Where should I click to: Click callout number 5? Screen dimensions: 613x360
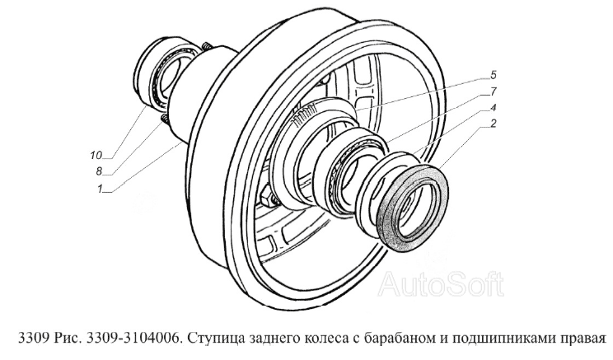coord(493,74)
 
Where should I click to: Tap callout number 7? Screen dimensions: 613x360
coord(493,91)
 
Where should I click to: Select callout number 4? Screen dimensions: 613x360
coord(493,107)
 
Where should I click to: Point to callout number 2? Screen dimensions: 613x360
coord(493,124)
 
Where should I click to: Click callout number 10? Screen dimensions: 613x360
coord(96,155)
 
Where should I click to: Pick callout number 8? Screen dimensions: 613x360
coord(99,171)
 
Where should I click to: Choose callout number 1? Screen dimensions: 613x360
coord(100,189)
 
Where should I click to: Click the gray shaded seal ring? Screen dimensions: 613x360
coord(414,206)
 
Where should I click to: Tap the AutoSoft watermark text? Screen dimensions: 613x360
coord(441,284)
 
